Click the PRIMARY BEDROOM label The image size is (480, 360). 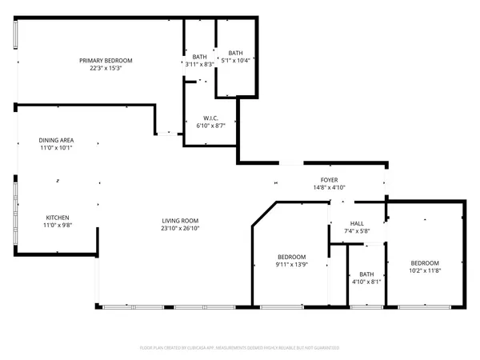point(106,61)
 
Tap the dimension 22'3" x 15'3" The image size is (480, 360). point(106,69)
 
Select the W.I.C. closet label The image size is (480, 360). point(212,118)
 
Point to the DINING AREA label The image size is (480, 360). point(56,140)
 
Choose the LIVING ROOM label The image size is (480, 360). point(180,221)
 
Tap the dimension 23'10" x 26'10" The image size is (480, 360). point(180,229)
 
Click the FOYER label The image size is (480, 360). point(330,180)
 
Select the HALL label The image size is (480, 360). point(358,224)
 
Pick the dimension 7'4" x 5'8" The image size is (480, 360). point(358,232)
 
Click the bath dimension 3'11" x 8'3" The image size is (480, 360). point(199,64)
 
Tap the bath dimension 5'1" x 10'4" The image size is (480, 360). point(235,60)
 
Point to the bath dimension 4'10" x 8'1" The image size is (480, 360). point(366,282)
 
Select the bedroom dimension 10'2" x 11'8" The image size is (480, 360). point(425,271)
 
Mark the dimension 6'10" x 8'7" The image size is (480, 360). point(212,126)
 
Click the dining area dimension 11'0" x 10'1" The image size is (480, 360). point(56,148)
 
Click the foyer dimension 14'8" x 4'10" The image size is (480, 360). point(330,187)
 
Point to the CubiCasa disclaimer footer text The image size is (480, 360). point(240,347)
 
